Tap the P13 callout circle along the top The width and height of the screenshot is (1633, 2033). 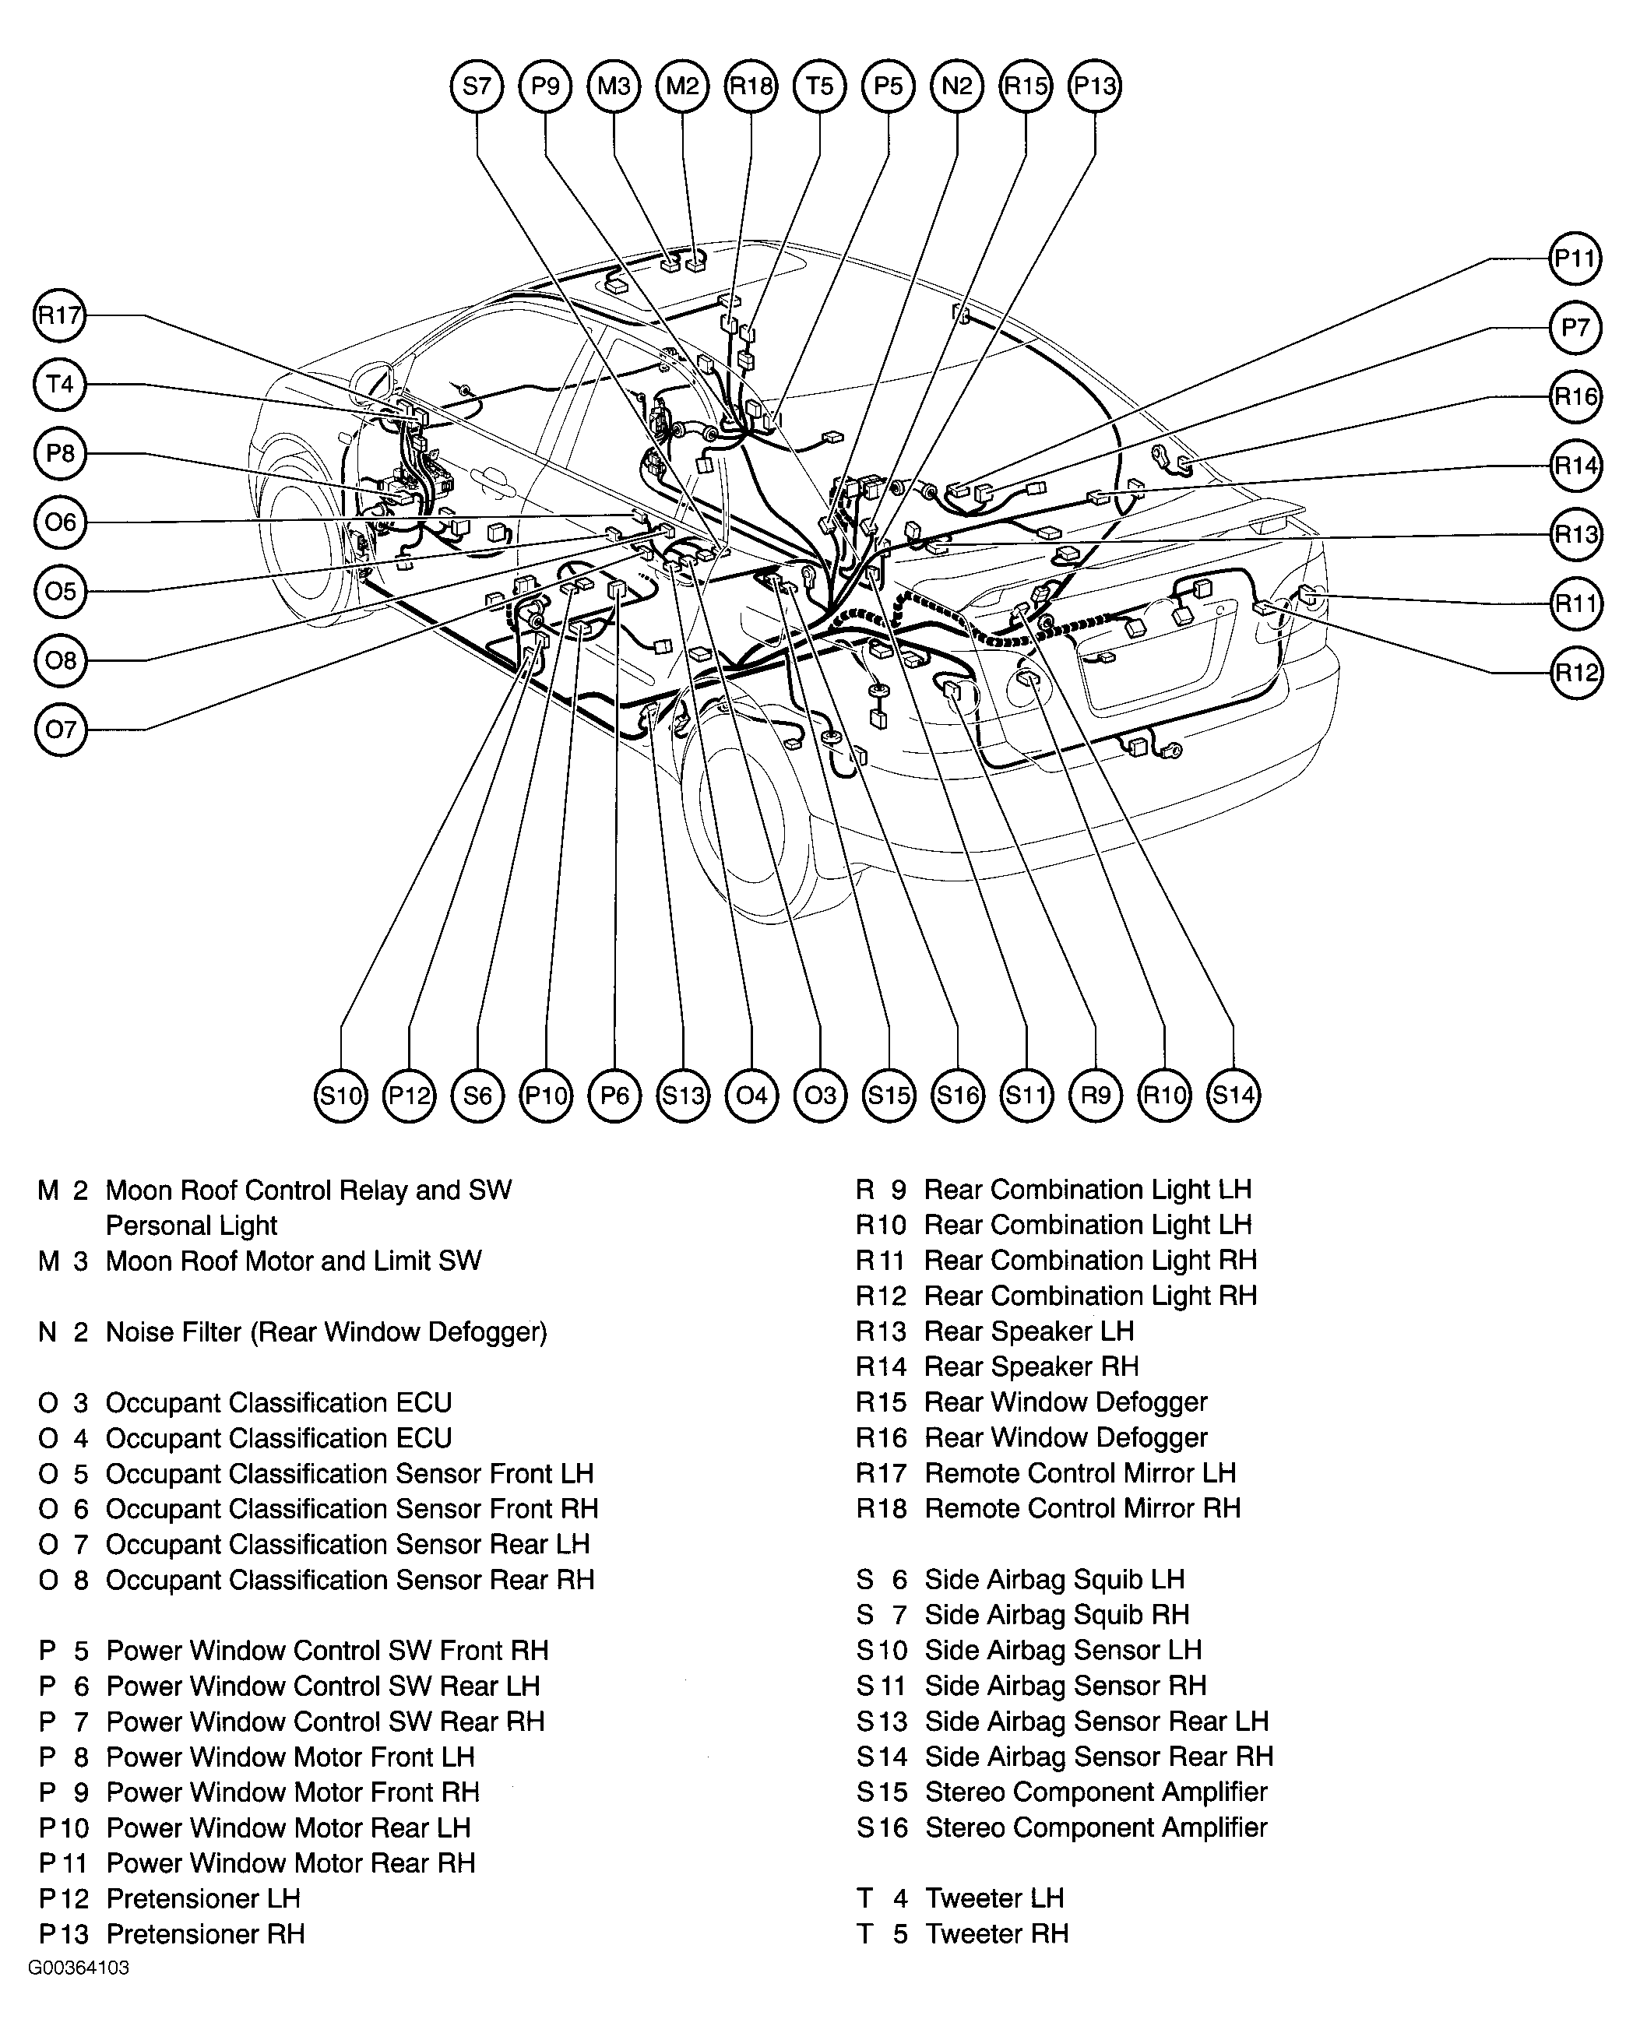pyautogui.click(x=1095, y=86)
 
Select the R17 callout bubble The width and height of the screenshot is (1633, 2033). pyautogui.click(x=59, y=315)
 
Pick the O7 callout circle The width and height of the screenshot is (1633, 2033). pyautogui.click(x=60, y=729)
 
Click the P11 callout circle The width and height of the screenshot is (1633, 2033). pyautogui.click(x=1575, y=259)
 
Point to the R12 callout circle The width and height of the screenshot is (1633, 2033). pyautogui.click(x=1575, y=672)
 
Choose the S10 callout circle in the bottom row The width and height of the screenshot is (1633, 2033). pyautogui.click(x=340, y=1096)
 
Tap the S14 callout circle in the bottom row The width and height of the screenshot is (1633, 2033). pyautogui.click(x=1234, y=1096)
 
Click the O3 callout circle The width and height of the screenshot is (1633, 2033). pyautogui.click(x=820, y=1096)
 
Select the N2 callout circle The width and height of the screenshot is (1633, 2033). pyautogui.click(x=957, y=86)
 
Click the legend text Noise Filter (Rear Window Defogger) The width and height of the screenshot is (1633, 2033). pyautogui.click(x=326, y=1332)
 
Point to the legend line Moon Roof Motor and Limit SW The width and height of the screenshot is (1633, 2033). pyautogui.click(x=294, y=1261)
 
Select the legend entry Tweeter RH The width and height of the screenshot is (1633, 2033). pyautogui.click(x=997, y=1934)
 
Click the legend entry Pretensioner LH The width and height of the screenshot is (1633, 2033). pyautogui.click(x=202, y=1898)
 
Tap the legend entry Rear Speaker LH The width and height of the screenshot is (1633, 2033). pyautogui.click(x=1029, y=1331)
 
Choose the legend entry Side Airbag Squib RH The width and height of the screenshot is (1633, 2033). pyautogui.click(x=1056, y=1616)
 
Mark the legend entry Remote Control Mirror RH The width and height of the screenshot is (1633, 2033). pyautogui.click(x=1082, y=1509)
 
